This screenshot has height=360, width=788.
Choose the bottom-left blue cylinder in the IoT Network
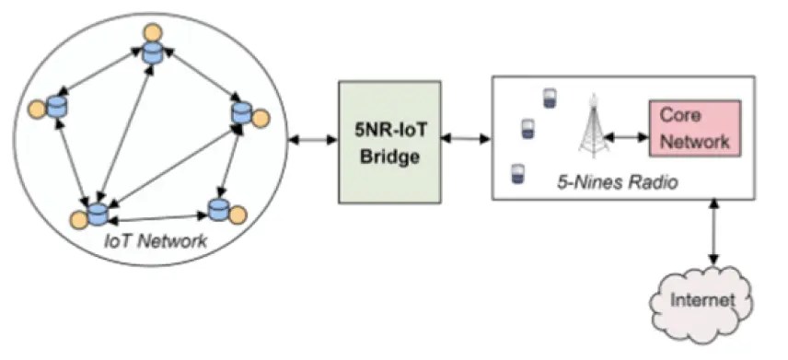click(x=98, y=215)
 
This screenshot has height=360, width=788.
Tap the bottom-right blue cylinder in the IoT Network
click(x=218, y=209)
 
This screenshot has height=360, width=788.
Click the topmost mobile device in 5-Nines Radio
click(x=550, y=98)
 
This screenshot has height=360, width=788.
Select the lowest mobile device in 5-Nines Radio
click(x=517, y=173)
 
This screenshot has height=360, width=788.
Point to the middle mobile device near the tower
click(x=528, y=129)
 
